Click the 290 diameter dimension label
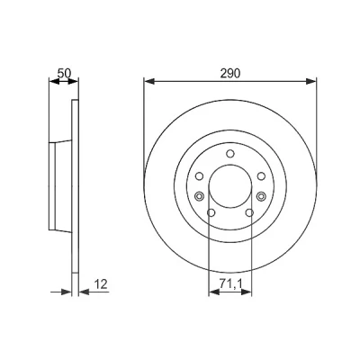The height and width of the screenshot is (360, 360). click(230, 74)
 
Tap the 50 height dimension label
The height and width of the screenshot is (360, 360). click(64, 73)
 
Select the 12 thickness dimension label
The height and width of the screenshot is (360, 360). click(101, 283)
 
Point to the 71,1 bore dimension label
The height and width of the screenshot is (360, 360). click(230, 283)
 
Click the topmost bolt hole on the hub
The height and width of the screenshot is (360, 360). click(230, 154)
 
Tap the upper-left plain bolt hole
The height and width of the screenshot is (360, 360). click(199, 176)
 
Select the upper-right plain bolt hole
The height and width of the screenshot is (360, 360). click(261, 176)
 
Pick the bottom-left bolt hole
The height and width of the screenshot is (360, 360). click(211, 212)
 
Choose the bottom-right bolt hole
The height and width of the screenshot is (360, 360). click(249, 212)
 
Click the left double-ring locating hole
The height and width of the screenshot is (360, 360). click(199, 196)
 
